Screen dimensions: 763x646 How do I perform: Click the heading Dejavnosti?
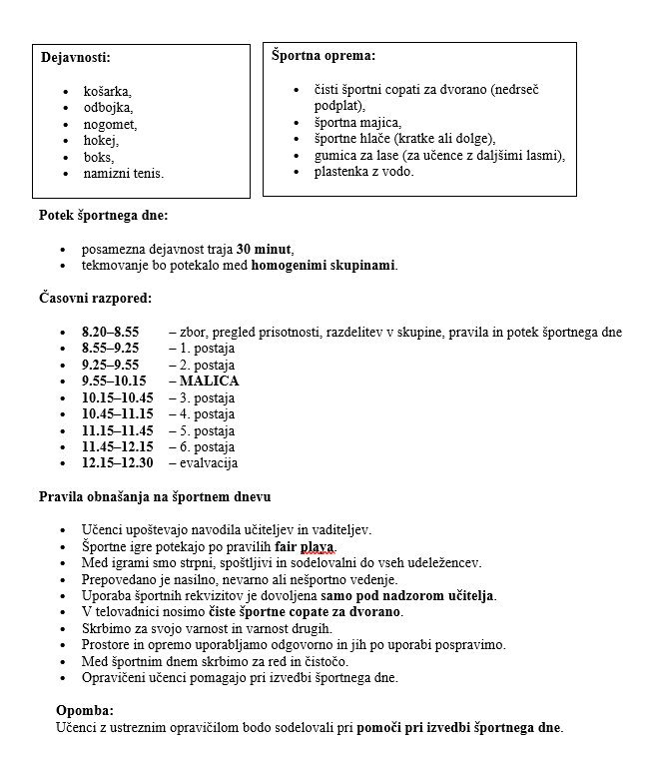[76, 58]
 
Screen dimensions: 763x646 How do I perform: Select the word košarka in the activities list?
[107, 91]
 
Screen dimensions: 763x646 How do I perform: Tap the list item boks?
[98, 157]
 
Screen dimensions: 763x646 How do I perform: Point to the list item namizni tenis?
[123, 174]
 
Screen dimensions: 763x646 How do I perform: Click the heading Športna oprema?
[323, 57]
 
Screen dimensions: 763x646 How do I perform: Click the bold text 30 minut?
[265, 249]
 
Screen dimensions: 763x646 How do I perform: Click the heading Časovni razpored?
[95, 299]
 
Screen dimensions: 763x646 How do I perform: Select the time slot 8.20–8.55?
[110, 332]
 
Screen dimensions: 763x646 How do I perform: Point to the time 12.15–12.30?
[117, 462]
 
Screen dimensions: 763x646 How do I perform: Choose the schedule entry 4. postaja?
[207, 413]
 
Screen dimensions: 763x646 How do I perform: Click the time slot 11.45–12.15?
[117, 446]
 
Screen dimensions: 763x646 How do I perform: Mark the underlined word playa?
[319, 546]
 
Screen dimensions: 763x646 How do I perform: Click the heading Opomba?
[85, 710]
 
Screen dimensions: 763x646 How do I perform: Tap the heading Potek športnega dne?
[103, 216]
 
